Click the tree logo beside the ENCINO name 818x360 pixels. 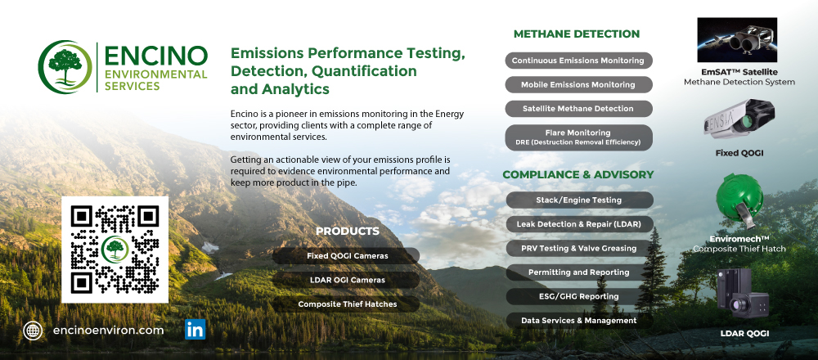(x=65, y=67)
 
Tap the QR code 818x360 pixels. (x=115, y=250)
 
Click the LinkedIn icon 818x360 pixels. (x=196, y=330)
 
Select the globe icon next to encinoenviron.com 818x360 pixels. (x=33, y=331)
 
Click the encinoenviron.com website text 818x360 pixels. (x=109, y=331)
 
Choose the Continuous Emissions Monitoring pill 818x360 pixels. (x=578, y=61)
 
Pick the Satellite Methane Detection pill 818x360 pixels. (x=578, y=109)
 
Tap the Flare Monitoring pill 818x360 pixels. (x=578, y=137)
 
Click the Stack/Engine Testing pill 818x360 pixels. (x=579, y=200)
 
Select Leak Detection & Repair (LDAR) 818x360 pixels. (x=579, y=224)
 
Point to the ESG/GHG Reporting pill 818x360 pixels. (x=579, y=296)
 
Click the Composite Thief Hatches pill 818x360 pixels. (x=348, y=304)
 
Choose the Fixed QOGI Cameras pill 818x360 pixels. (x=348, y=255)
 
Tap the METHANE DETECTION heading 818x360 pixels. (x=577, y=34)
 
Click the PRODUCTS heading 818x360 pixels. (x=348, y=231)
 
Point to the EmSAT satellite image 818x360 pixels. (x=737, y=39)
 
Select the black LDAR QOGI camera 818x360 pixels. (x=743, y=293)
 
